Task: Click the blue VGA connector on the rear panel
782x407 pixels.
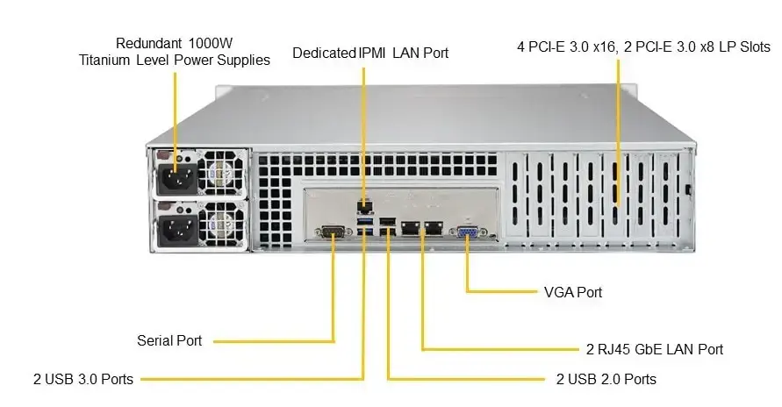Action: coord(465,232)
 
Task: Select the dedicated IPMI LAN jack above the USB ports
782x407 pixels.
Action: coord(363,207)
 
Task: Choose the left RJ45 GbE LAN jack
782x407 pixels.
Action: coord(408,229)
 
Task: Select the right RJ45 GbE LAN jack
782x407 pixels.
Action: coord(432,229)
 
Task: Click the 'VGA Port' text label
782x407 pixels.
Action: coord(573,291)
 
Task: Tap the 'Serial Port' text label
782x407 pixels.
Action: coord(169,340)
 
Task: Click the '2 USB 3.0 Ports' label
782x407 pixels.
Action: coord(83,380)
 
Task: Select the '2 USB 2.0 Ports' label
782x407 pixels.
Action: coord(606,380)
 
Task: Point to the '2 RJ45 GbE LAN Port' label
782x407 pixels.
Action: coord(655,349)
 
